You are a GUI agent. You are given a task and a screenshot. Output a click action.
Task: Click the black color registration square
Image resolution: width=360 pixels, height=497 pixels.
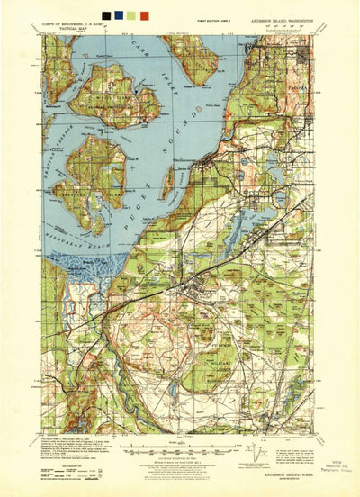pyautogui.click(x=106, y=15)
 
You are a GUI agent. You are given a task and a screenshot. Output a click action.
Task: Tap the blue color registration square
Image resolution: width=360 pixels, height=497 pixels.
pyautogui.click(x=119, y=15)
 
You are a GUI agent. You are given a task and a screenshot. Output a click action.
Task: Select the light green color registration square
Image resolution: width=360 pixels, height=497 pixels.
pyautogui.click(x=131, y=15)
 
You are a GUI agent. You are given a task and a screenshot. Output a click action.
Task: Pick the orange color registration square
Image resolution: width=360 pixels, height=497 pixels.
pyautogui.click(x=144, y=15)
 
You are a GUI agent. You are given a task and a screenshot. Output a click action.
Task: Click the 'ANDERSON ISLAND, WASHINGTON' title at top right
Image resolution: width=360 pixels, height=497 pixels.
pyautogui.click(x=288, y=24)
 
